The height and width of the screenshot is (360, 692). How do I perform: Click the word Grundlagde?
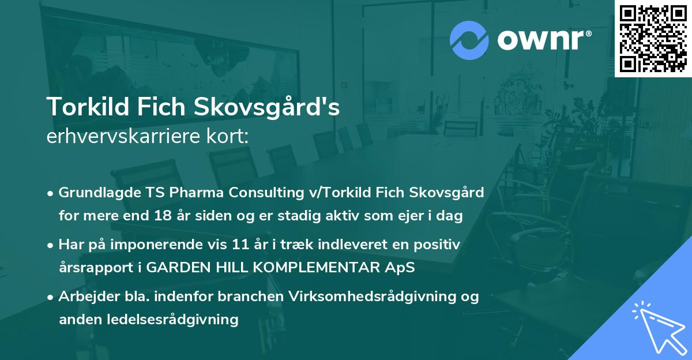click(x=93, y=193)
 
